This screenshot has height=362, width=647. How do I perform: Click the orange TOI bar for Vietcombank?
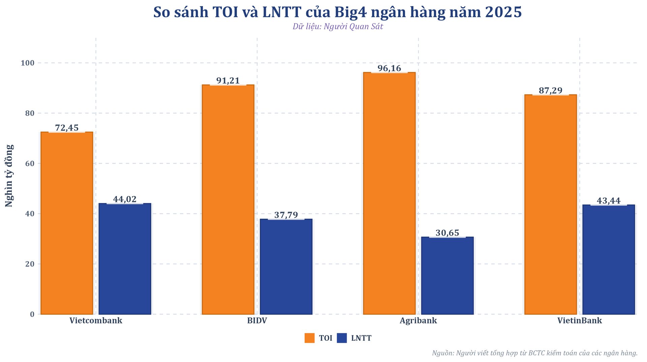[67, 223]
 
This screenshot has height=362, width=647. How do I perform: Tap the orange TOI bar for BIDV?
[228, 199]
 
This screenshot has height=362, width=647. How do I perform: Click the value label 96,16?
[389, 68]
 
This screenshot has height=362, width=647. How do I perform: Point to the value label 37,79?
[286, 215]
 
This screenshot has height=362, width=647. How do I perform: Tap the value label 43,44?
[608, 201]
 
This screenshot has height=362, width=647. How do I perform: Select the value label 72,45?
[67, 128]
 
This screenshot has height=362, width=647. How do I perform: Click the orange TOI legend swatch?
[309, 338]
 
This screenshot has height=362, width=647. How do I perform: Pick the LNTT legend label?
[361, 338]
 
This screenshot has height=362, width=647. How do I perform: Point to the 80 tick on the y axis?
[30, 113]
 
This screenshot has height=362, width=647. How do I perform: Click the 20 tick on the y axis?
[30, 264]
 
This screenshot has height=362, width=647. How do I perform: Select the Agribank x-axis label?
[418, 321]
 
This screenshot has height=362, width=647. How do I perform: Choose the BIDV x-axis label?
[257, 321]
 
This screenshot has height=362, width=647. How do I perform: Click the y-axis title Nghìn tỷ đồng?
[9, 175]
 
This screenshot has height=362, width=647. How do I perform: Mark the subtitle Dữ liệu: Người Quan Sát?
[338, 27]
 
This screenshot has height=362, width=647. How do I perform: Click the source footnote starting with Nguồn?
[534, 353]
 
